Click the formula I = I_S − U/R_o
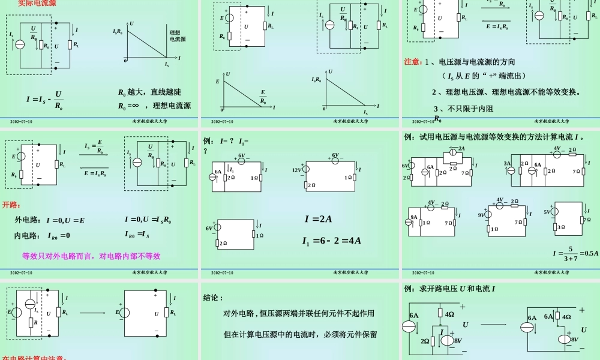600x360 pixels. point(45,100)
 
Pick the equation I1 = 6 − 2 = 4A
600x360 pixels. point(332,241)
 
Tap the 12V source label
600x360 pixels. point(297,170)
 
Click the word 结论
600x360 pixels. point(214,298)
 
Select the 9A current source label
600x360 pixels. point(413,217)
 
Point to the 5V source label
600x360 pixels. point(547,212)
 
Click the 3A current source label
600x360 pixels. point(507,163)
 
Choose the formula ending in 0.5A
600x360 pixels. point(575,253)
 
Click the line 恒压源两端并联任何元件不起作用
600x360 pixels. point(299,313)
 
